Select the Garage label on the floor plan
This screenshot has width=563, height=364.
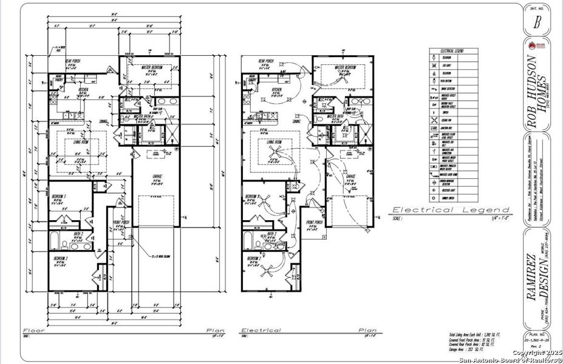tap(156, 177)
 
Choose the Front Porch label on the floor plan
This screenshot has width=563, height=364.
tap(123, 222)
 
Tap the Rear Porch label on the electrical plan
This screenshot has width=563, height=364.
tap(266, 61)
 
